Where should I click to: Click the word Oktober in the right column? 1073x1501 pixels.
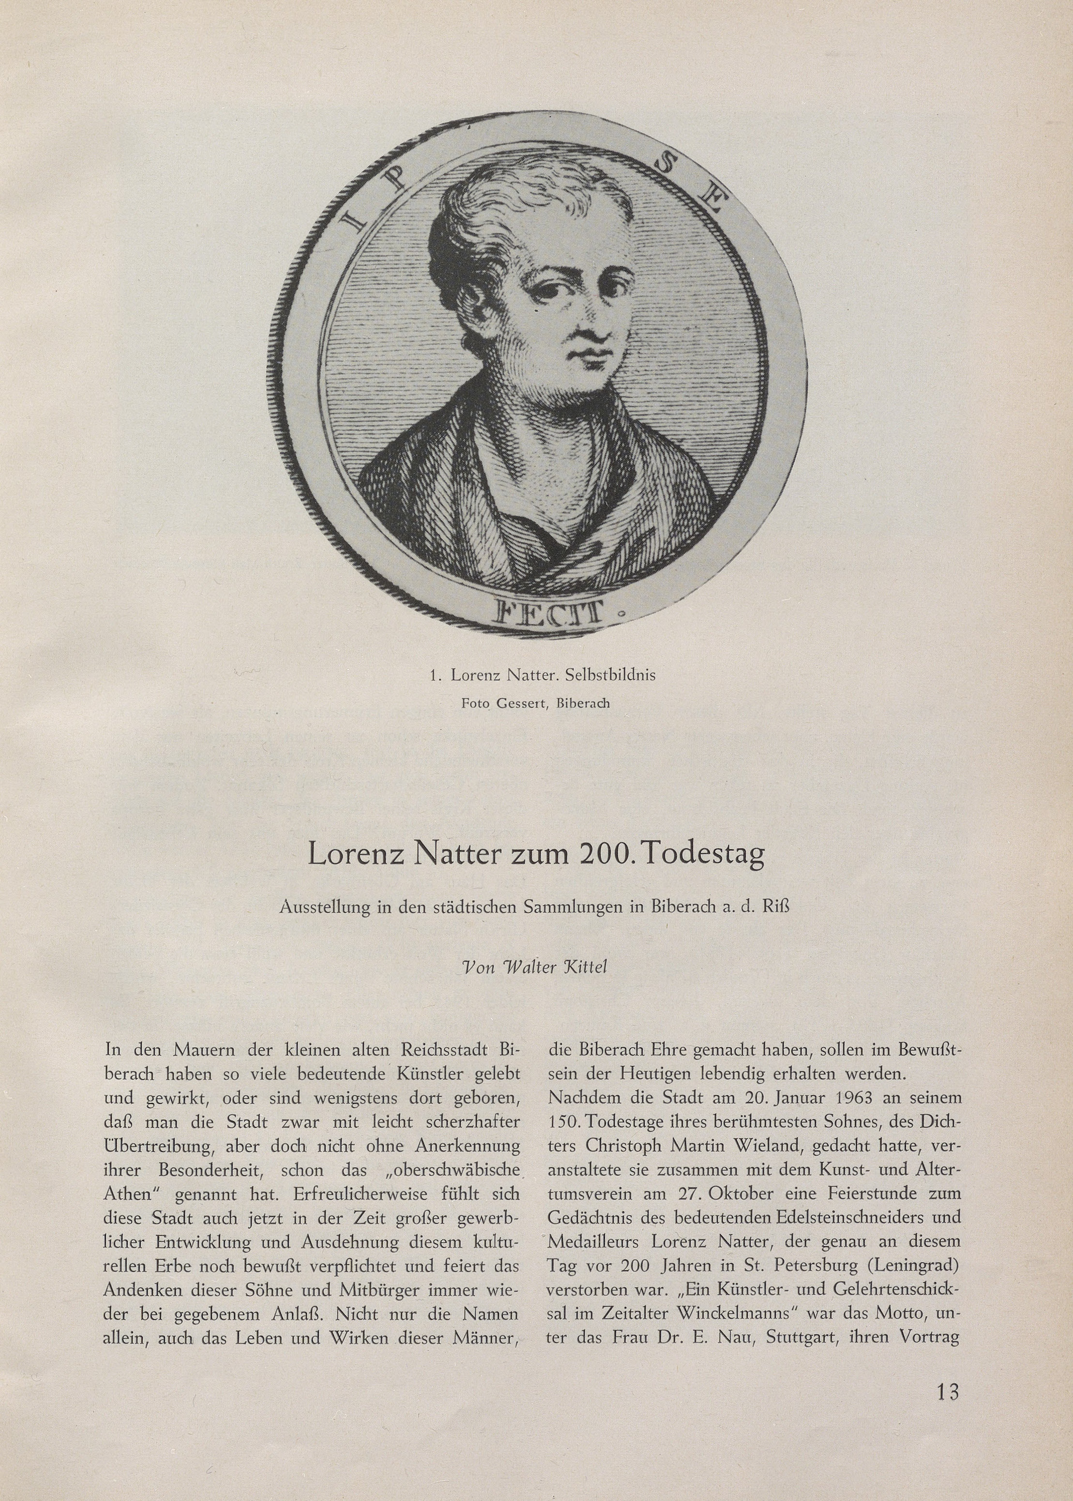click(669, 1196)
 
